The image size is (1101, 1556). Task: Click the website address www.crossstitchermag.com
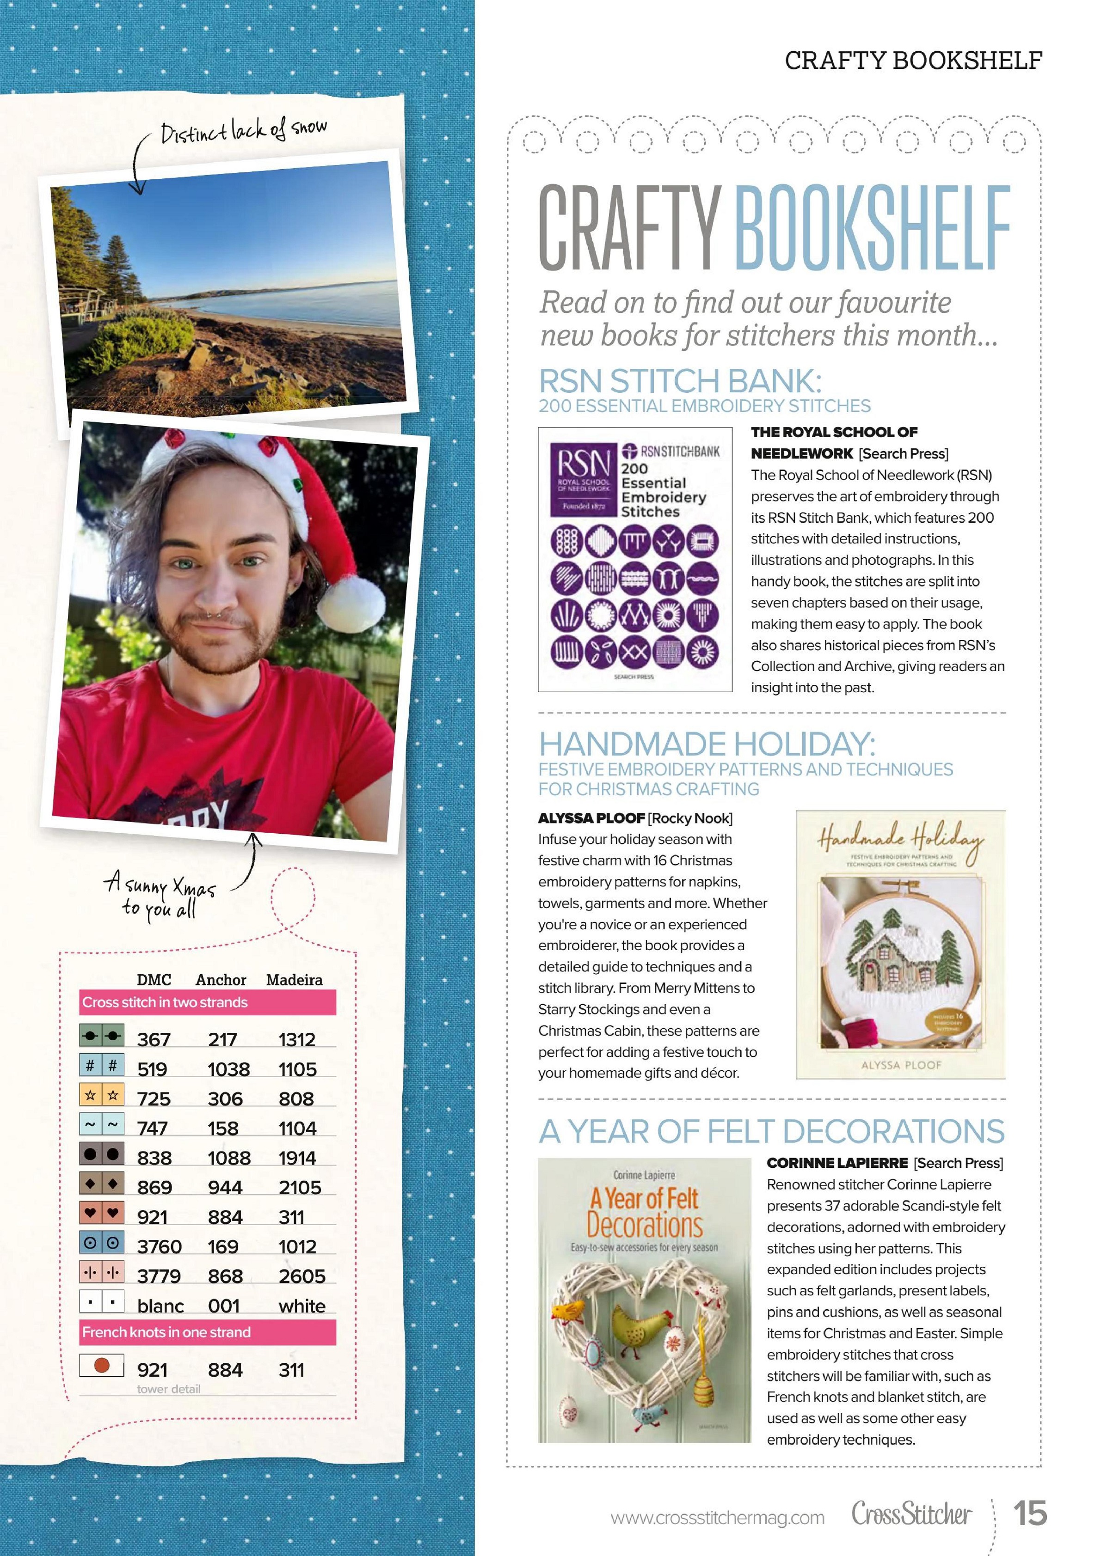point(717,1517)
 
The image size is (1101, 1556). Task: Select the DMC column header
point(154,979)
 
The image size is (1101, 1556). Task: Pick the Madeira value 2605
point(301,1276)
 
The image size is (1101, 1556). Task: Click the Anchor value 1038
point(228,1069)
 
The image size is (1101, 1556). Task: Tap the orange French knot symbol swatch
point(102,1365)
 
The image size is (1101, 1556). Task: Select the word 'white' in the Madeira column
point(301,1306)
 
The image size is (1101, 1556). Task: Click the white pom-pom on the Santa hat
point(351,600)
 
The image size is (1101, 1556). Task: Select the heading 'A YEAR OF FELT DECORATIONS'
point(771,1132)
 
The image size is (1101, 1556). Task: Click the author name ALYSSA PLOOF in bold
point(591,818)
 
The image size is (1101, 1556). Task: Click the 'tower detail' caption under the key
point(169,1389)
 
